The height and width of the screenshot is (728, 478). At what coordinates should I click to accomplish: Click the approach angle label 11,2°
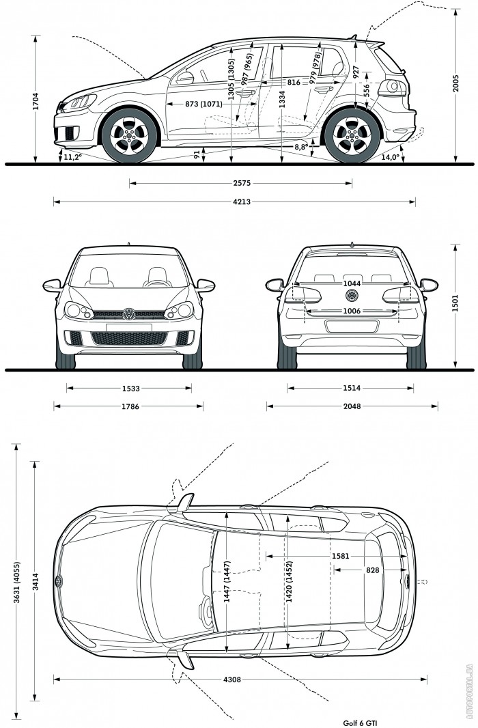click(72, 157)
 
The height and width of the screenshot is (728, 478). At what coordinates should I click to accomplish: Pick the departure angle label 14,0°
click(390, 157)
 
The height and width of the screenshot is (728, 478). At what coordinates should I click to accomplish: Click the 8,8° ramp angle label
click(301, 147)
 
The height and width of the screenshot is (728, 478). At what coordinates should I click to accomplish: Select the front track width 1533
click(131, 389)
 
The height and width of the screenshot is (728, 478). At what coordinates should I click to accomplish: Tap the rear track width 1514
click(352, 389)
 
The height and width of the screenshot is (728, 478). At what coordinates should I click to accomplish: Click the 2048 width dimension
click(352, 406)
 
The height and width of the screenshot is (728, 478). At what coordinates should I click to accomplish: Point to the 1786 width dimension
click(131, 406)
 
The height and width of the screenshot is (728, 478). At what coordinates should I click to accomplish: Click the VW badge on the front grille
click(128, 314)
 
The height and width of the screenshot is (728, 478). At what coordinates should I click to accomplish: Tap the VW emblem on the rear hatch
click(352, 295)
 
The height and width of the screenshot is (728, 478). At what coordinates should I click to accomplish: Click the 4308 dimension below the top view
click(241, 680)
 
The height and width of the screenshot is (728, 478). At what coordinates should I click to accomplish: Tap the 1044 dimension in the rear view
click(352, 283)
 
